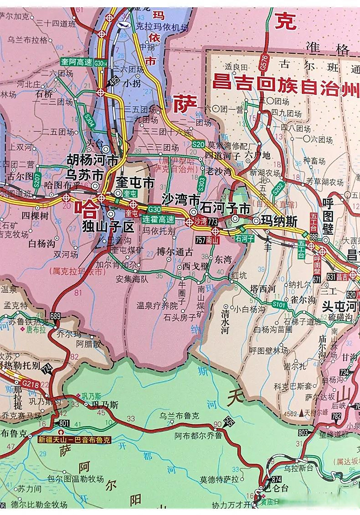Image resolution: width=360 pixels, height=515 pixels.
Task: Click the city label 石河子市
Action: click(x=226, y=208)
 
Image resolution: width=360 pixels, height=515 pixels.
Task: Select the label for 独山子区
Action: click(x=108, y=227)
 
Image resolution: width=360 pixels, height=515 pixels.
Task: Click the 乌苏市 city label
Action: click(x=84, y=175)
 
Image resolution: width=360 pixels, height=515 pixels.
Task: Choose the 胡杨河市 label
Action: click(x=93, y=161)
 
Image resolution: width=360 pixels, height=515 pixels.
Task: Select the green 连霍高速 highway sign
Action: click(x=158, y=219)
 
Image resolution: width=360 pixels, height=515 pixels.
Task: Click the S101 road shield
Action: click(x=278, y=305)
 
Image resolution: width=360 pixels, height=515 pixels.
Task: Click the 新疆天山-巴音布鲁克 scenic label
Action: click(x=74, y=440)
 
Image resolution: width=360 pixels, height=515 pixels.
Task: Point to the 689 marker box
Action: click(x=56, y=315)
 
